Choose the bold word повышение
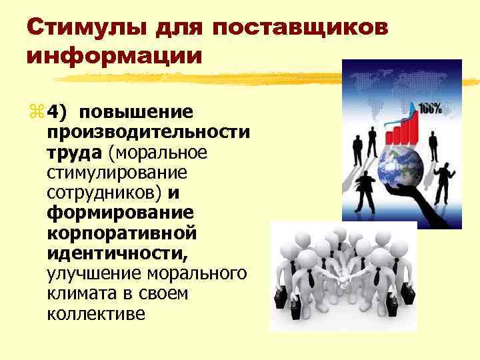pyautogui.click(x=138, y=111)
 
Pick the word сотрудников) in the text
pyautogui.click(x=105, y=193)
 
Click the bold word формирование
pyautogui.click(x=121, y=213)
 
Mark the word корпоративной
pyautogui.click(x=122, y=233)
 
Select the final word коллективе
pyautogui.click(x=96, y=314)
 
